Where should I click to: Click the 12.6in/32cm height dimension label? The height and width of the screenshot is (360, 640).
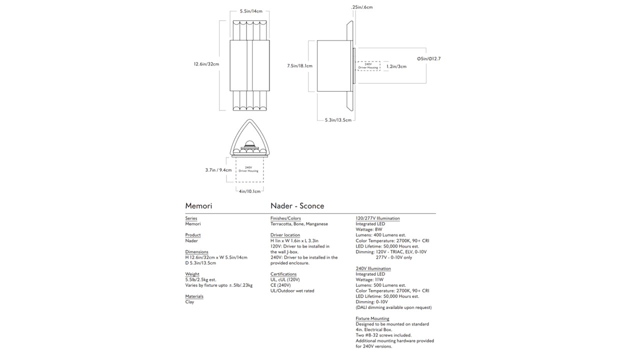coord(206,64)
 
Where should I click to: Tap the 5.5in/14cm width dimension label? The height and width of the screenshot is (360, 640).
coord(251,11)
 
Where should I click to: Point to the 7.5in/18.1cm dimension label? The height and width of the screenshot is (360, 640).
coord(299,66)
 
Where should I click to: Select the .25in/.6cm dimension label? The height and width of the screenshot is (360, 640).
coord(362,7)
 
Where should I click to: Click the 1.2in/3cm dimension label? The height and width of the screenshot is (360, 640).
coord(396,66)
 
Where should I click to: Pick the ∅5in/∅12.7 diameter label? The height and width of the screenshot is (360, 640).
coord(428,58)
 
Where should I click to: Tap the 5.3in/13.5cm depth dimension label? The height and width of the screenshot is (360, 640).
coord(338,120)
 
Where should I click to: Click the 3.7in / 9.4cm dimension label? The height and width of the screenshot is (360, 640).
coord(218,170)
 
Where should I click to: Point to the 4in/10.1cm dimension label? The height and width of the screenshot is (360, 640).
coord(250,191)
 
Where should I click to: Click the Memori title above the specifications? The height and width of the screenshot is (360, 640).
coord(198,206)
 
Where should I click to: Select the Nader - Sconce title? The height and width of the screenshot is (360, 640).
coord(297,206)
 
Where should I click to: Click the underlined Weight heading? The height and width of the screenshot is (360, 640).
coord(192,274)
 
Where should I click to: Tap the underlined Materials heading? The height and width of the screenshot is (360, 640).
coord(194,296)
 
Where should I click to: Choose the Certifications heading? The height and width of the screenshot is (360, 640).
coord(283,274)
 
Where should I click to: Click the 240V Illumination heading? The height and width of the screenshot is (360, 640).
coord(373,268)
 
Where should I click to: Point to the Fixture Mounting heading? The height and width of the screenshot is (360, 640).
coord(372,318)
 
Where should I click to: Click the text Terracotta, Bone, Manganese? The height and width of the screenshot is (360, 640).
coord(299,224)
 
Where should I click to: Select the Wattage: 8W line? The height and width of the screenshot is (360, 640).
coord(369,229)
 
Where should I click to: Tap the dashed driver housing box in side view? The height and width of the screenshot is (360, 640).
coord(368,66)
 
